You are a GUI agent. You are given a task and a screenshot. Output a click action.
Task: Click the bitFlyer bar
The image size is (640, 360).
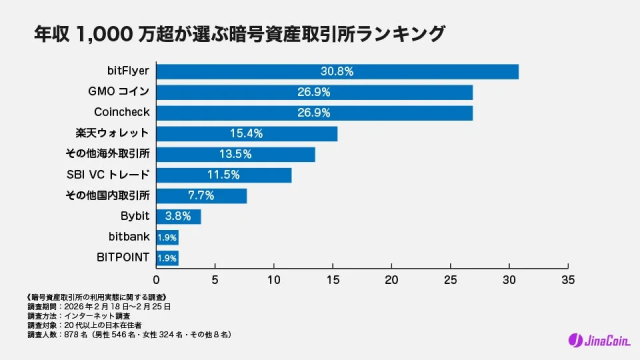pyautogui.click(x=337, y=71)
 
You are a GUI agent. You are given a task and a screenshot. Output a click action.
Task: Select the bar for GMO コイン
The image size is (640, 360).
pyautogui.click(x=314, y=92)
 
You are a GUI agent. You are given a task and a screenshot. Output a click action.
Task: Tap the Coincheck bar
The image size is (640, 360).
pyautogui.click(x=314, y=113)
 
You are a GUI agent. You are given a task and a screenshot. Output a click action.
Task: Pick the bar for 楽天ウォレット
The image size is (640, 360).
pyautogui.click(x=246, y=133)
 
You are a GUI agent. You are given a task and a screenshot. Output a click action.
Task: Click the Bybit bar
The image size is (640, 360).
pyautogui.click(x=178, y=216)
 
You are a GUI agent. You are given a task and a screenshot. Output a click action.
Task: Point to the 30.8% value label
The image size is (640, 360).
pyautogui.click(x=337, y=71)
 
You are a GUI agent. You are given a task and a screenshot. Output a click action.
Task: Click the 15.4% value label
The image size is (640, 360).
pyautogui.click(x=246, y=133)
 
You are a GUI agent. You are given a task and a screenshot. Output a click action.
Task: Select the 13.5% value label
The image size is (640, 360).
pyautogui.click(x=235, y=154)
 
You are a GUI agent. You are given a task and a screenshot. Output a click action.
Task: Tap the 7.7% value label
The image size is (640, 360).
pyautogui.click(x=201, y=195)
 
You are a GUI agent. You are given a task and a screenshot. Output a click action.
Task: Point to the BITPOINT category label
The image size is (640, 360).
pyautogui.click(x=123, y=258)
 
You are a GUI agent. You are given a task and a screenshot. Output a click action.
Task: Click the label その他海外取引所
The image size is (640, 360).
pyautogui.click(x=107, y=154)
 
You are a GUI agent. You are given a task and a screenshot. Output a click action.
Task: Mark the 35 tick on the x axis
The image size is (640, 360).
pyautogui.click(x=568, y=279)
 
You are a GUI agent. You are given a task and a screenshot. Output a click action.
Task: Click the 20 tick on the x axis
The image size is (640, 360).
pyautogui.click(x=392, y=279)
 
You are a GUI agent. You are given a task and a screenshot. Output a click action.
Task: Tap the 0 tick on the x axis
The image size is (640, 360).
pyautogui.click(x=156, y=279)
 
